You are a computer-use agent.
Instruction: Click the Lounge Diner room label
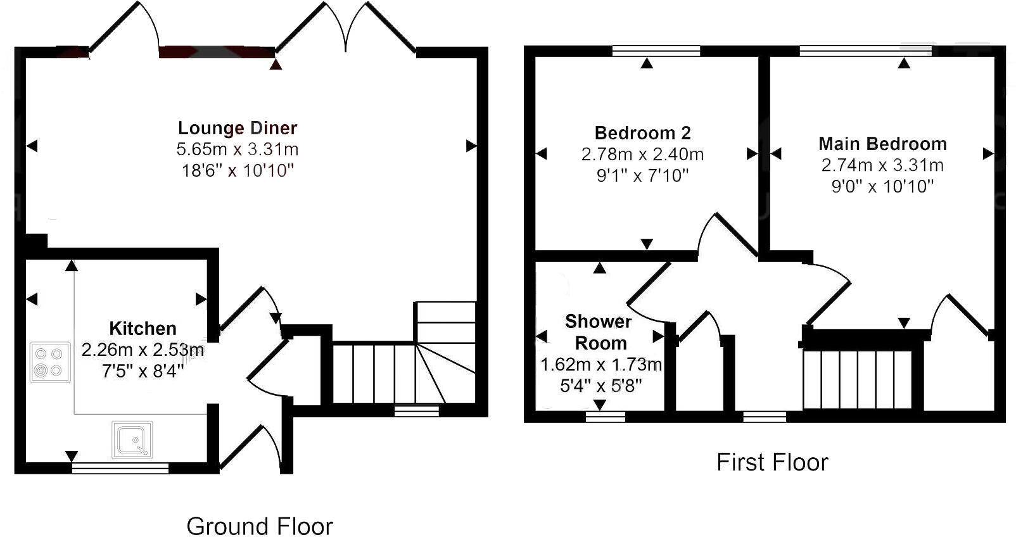point(237,128)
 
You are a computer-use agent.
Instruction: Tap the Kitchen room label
point(143,329)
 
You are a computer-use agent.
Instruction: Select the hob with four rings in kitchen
point(50,362)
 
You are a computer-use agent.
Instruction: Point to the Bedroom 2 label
point(642,133)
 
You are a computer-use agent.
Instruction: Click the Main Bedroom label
point(882,144)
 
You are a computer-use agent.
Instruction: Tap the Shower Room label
point(599,332)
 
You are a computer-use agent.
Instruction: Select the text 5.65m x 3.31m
point(237,149)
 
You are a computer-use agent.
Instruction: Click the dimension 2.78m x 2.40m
point(642,154)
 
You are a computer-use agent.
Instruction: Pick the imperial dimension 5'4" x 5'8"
point(600,386)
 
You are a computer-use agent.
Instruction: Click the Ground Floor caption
point(260,526)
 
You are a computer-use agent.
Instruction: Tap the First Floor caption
point(772,462)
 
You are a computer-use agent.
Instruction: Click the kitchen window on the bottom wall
point(120,468)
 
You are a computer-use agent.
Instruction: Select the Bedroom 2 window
point(656,51)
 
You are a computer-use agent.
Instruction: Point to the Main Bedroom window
point(865,51)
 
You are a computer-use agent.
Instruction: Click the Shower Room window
point(605,416)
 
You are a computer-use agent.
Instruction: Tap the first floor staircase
point(858,379)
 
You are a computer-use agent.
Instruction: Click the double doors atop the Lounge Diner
point(346,28)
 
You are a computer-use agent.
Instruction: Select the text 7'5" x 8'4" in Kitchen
point(143,371)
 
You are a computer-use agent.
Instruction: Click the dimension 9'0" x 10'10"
point(882,186)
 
